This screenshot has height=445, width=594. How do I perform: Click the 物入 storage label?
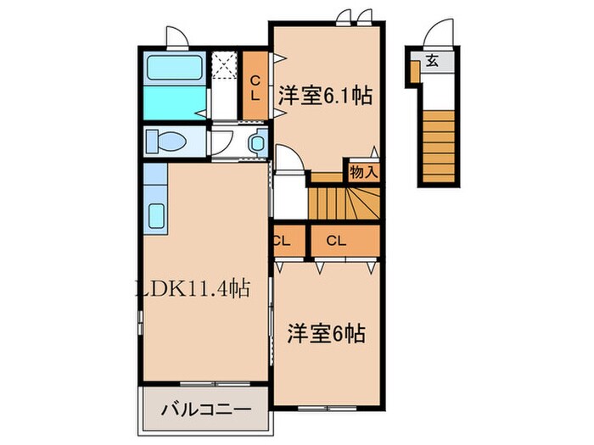[362, 172]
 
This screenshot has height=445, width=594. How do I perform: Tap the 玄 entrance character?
[433, 61]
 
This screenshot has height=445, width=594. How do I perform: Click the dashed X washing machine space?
[225, 66]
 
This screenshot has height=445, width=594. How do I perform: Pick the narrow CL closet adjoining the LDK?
[283, 241]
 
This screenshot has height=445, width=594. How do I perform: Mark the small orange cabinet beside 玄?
[413, 73]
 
